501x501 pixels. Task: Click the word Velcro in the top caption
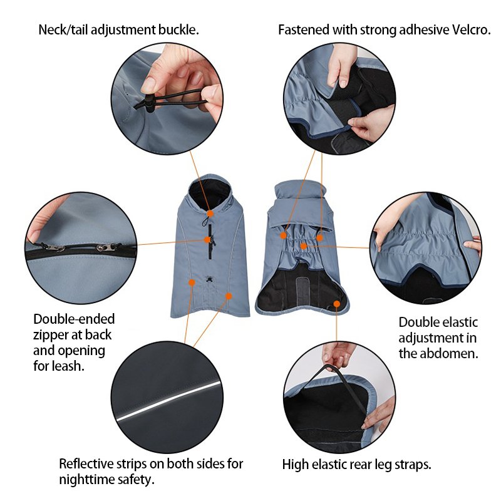(471, 29)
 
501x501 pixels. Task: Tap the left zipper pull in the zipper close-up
(51, 247)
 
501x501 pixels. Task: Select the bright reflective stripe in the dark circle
(168, 400)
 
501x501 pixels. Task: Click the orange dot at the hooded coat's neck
(210, 214)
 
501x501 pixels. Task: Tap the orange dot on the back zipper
(207, 240)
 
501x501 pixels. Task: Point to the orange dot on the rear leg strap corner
(337, 304)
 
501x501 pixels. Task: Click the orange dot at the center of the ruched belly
(304, 246)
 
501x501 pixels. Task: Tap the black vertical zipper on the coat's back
(210, 241)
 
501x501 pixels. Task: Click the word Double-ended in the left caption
(74, 319)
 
